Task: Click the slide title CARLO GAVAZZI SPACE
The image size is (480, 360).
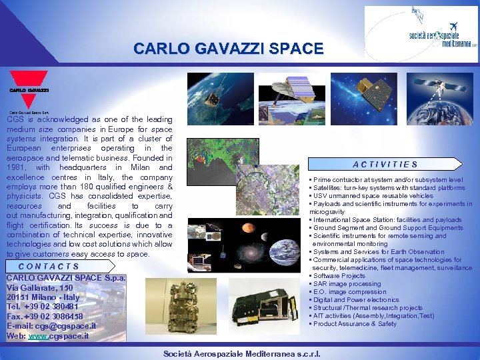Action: click(x=228, y=49)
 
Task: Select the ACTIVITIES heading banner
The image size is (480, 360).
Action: click(x=385, y=164)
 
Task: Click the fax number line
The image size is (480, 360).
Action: click(x=45, y=317)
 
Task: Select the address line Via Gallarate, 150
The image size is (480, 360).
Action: click(x=39, y=287)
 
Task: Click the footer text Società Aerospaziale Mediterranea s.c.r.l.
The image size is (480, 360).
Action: click(x=239, y=353)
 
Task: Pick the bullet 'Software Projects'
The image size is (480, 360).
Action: click(x=339, y=276)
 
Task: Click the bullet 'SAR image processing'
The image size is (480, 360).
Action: click(x=347, y=284)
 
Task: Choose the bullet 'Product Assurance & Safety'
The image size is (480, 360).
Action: click(x=355, y=324)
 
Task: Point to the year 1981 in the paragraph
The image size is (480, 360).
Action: click(x=18, y=167)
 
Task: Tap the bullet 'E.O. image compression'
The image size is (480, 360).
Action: click(x=349, y=292)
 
